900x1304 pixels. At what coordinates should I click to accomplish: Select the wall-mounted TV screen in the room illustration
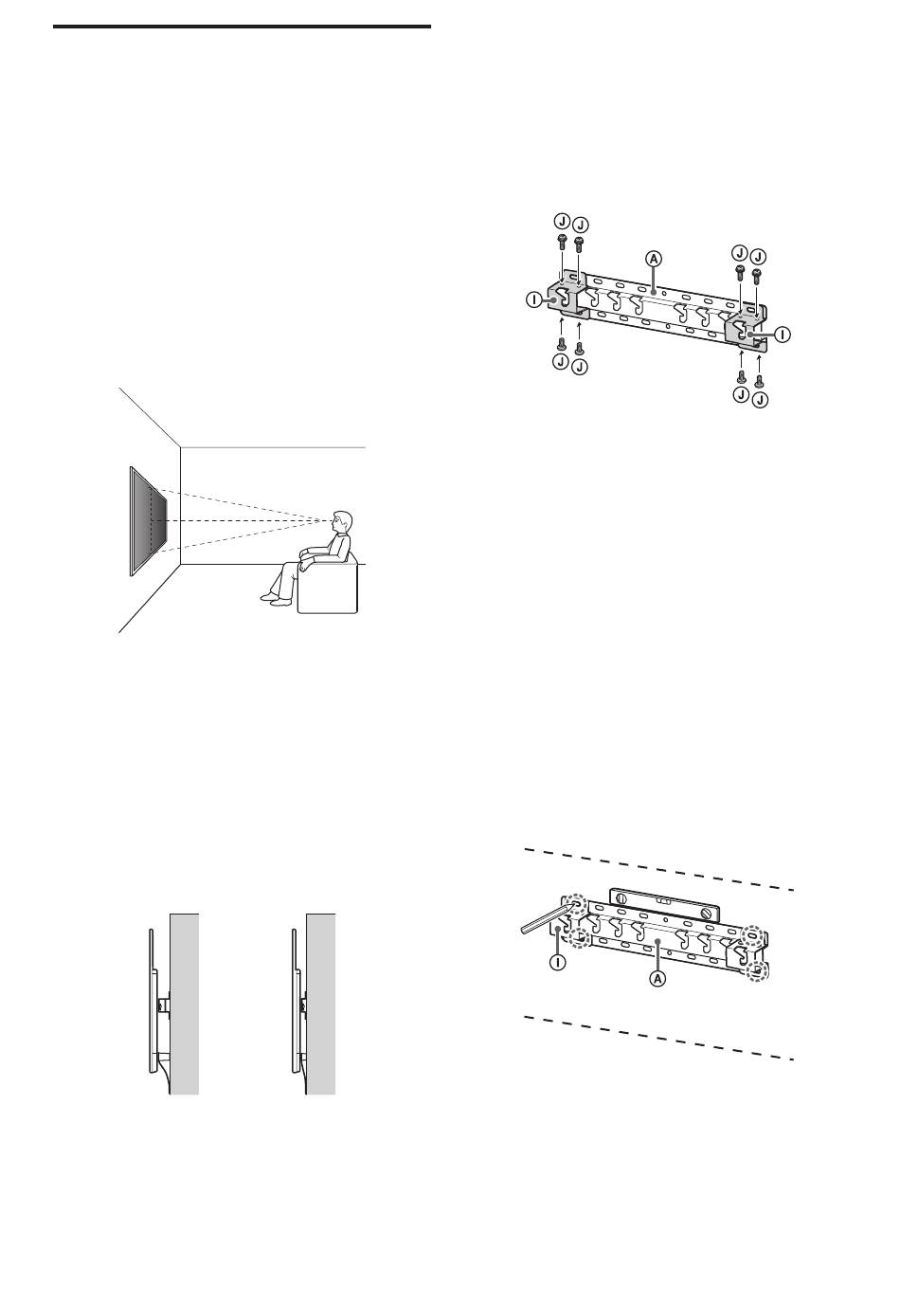click(148, 521)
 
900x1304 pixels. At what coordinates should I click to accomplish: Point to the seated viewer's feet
click(274, 599)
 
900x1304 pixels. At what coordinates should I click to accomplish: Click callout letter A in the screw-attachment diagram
click(654, 259)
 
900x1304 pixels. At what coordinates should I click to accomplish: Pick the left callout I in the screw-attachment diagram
click(533, 300)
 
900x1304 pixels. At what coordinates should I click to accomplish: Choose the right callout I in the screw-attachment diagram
click(783, 335)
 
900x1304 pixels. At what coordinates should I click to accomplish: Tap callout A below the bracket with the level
click(657, 979)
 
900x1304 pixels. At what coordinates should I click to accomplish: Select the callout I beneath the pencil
click(557, 962)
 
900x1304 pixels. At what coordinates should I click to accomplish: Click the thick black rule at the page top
click(242, 27)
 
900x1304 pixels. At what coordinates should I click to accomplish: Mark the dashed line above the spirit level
click(659, 870)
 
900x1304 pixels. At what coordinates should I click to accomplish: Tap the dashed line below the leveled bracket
click(659, 1039)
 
